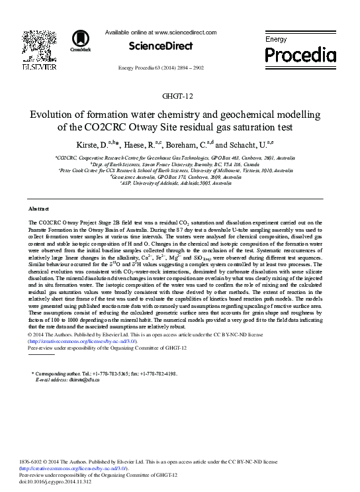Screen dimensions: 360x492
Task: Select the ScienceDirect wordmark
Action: click(x=161, y=46)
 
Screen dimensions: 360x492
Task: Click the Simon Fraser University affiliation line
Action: click(x=180, y=164)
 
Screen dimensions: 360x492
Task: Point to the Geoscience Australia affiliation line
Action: click(x=180, y=177)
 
